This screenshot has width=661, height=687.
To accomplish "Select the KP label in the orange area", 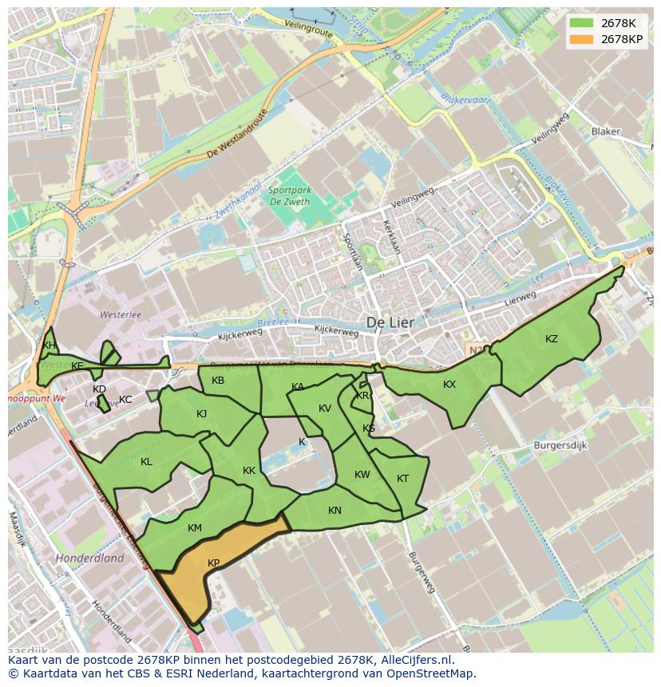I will (213, 563).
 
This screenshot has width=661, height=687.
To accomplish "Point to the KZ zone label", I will (552, 339).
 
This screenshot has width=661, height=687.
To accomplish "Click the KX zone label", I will (449, 385).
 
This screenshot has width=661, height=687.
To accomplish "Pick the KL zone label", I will (146, 462).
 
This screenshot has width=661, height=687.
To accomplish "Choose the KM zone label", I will (195, 528).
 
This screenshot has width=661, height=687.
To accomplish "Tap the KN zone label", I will (334, 511).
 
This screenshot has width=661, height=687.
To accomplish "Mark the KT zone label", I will (402, 479).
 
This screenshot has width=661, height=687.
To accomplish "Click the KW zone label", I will (362, 475).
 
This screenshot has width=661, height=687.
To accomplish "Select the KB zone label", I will (218, 381).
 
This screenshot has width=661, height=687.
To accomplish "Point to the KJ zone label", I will (201, 414).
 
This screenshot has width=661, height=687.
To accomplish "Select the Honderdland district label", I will (89, 559).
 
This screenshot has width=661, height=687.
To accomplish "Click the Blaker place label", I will (605, 132).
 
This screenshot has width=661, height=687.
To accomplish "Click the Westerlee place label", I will (121, 315).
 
